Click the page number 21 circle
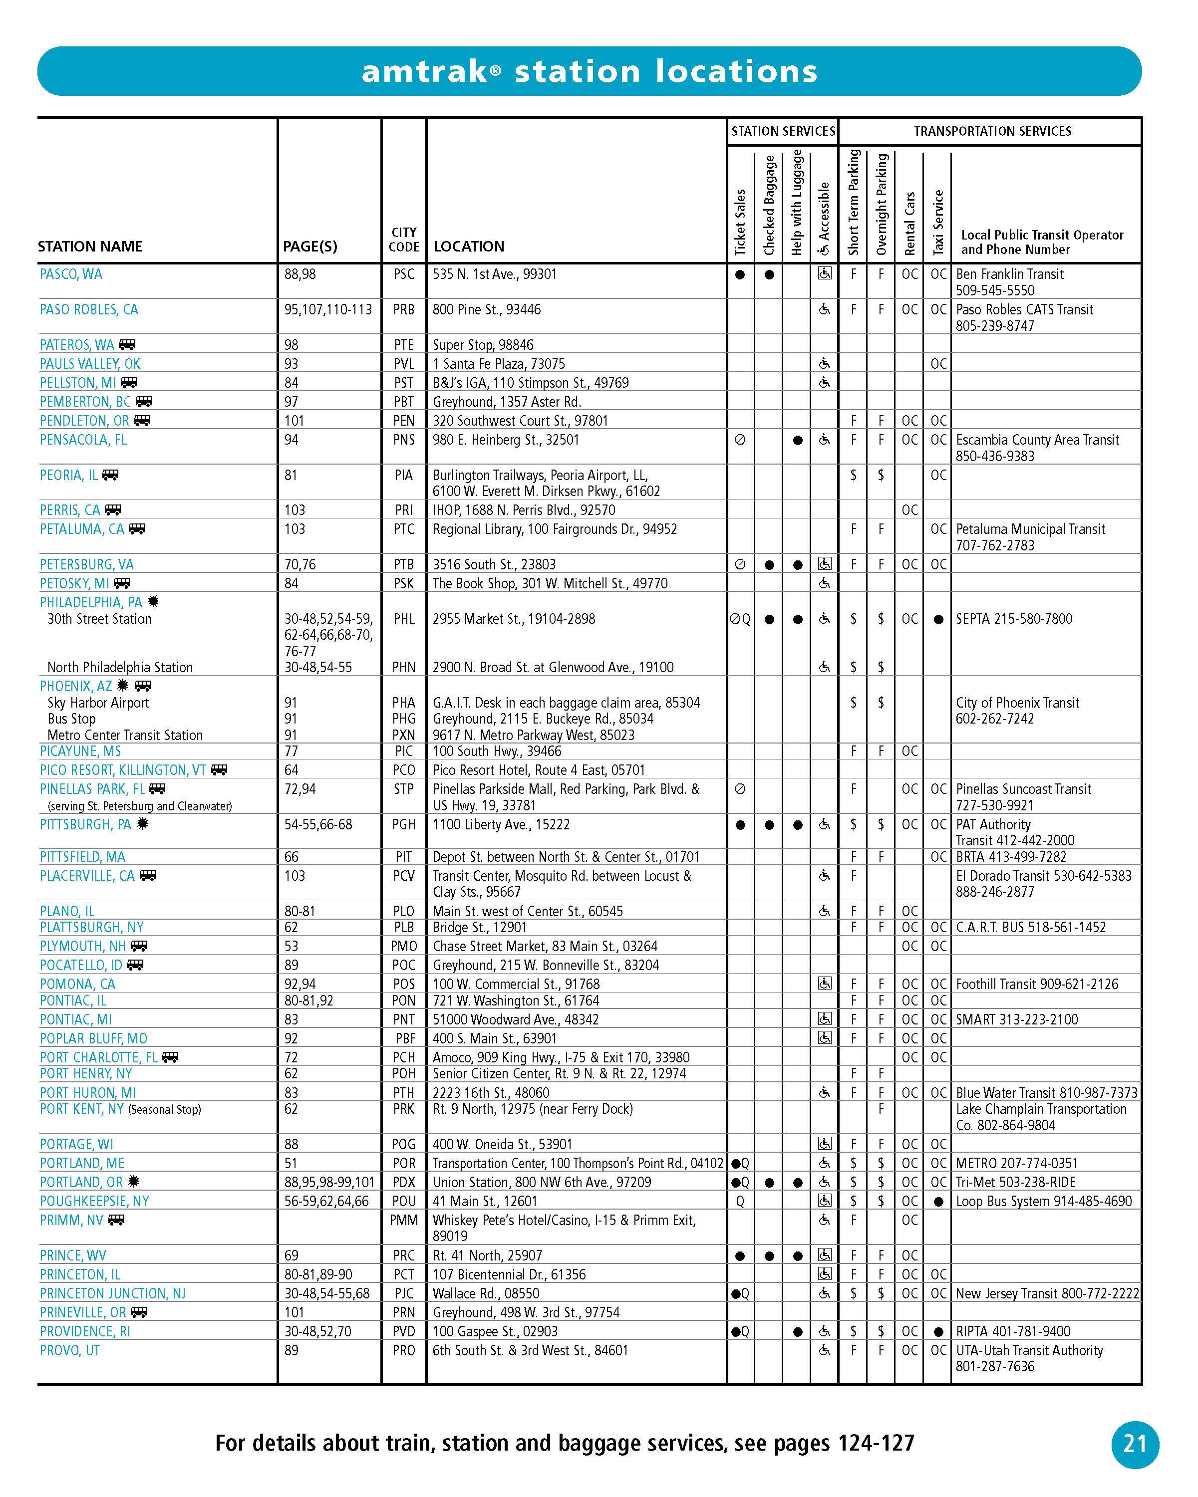pyautogui.click(x=1135, y=1444)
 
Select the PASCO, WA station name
pyautogui.click(x=71, y=274)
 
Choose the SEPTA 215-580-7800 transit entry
pyautogui.click(x=1014, y=619)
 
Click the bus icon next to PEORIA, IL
pyautogui.click(x=110, y=475)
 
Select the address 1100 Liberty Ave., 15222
pyautogui.click(x=501, y=824)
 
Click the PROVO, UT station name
pyautogui.click(x=69, y=1350)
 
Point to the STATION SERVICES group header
pyautogui.click(x=783, y=131)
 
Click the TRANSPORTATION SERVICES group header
pyautogui.click(x=992, y=131)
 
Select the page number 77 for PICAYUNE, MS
pyautogui.click(x=291, y=751)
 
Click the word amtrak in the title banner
pyautogui.click(x=425, y=71)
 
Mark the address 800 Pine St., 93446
pyautogui.click(x=486, y=310)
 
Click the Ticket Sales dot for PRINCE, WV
pyautogui.click(x=740, y=1255)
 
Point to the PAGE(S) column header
pyautogui.click(x=310, y=247)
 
